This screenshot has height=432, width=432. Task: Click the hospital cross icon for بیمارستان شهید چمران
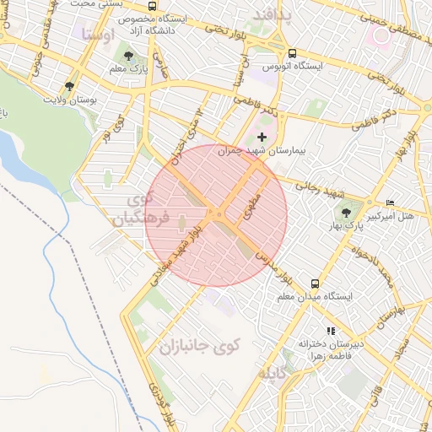tap(262, 137)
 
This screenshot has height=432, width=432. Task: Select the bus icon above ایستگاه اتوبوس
tap(291, 51)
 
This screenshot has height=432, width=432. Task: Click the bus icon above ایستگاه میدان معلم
tap(315, 283)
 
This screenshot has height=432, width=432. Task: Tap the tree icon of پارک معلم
tap(127, 56)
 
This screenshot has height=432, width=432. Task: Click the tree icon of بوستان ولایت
tap(68, 85)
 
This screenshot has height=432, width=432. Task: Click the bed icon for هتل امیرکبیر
tap(389, 203)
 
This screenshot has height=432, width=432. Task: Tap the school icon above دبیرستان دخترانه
tap(331, 331)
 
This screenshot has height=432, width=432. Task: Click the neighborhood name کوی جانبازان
tap(200, 346)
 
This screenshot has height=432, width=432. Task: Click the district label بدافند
tap(269, 14)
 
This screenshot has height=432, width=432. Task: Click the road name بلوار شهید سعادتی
tap(175, 254)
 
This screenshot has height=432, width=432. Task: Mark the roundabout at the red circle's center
tap(218, 215)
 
